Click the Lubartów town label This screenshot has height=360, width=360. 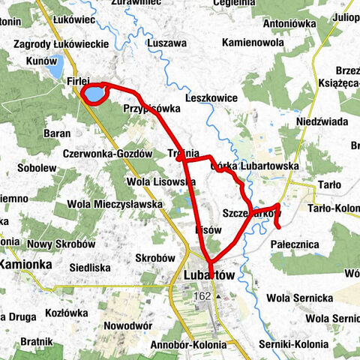point(209,276)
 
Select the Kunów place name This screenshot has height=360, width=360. point(40,60)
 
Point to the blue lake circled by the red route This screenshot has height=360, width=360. point(94,95)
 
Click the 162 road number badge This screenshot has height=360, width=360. point(202,296)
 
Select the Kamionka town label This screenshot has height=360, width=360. point(25,265)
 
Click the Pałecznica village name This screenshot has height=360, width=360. point(295,244)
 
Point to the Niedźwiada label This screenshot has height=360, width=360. point(322,121)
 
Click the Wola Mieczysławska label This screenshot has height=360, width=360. point(114,203)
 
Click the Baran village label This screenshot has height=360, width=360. point(57,133)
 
